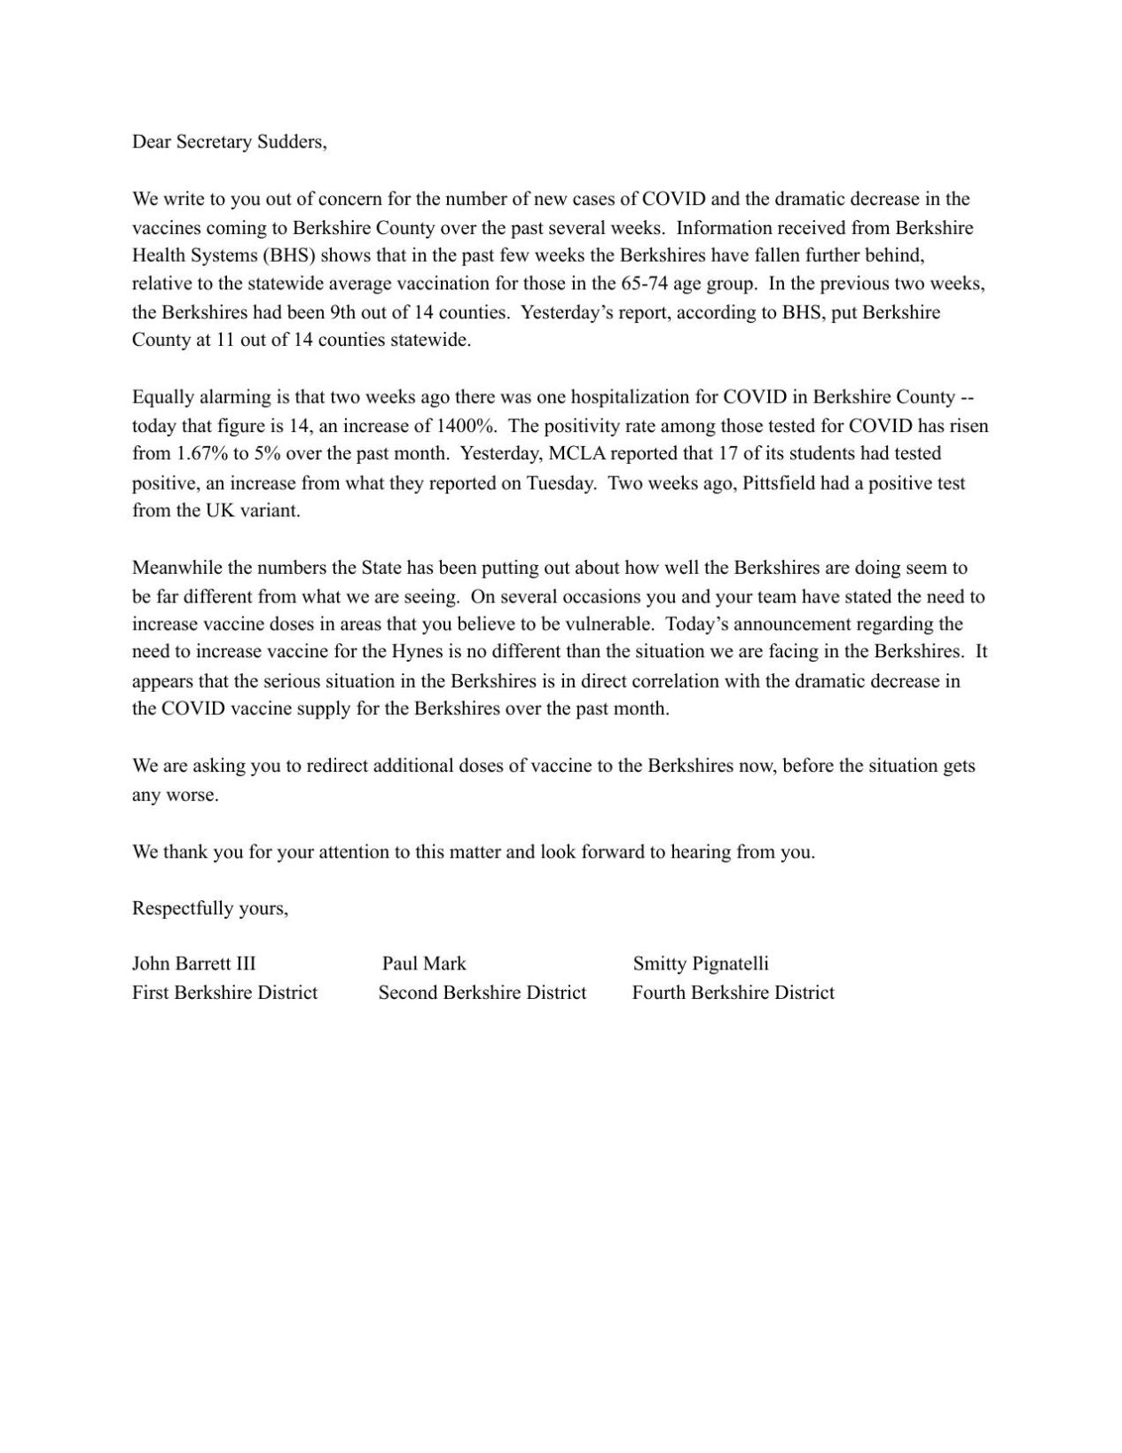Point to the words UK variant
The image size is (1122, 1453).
pyautogui.click(x=254, y=512)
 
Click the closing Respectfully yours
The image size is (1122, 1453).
pyautogui.click(x=209, y=908)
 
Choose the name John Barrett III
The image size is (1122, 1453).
pyautogui.click(x=193, y=964)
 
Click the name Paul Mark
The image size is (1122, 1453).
pyautogui.click(x=424, y=964)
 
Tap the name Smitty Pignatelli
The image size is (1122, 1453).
pyautogui.click(x=700, y=964)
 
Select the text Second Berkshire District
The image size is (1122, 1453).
pyautogui.click(x=482, y=993)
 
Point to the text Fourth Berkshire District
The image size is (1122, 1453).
pyautogui.click(x=733, y=993)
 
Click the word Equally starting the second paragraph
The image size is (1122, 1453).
pyautogui.click(x=161, y=397)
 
